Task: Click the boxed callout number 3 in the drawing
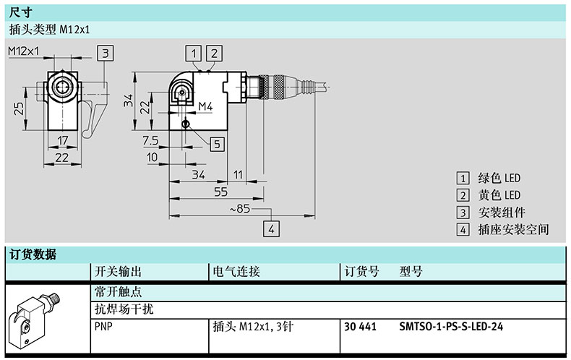click(x=106, y=53)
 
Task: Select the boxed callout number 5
click(x=217, y=145)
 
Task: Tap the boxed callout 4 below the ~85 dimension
click(x=271, y=229)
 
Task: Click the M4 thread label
click(x=205, y=106)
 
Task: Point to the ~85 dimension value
click(x=240, y=209)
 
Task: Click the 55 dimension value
click(x=220, y=192)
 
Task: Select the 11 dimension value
click(x=238, y=175)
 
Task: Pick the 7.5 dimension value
click(x=151, y=140)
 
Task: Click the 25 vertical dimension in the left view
click(x=19, y=108)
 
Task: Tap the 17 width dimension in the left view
click(x=63, y=140)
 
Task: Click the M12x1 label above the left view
click(x=23, y=51)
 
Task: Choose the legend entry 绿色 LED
click(x=499, y=178)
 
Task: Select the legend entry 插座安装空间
click(x=513, y=230)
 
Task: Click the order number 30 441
click(x=360, y=327)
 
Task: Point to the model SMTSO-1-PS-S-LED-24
click(x=451, y=327)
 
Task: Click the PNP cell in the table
click(x=103, y=327)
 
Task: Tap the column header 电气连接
click(x=236, y=272)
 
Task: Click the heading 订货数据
click(x=33, y=254)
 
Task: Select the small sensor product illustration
click(x=35, y=320)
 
